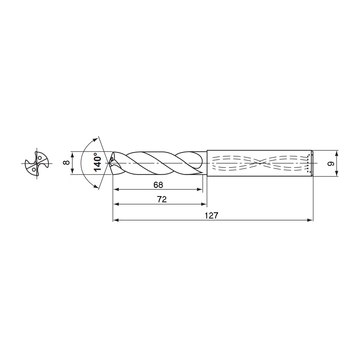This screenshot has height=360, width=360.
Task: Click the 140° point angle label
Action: click(98, 163)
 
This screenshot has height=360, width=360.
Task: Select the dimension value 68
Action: click(158, 185)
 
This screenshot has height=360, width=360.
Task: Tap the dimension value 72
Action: click(162, 199)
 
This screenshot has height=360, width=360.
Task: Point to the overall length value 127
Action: click(211, 216)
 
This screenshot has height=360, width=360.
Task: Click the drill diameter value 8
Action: click(66, 163)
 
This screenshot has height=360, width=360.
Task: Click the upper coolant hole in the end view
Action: click(40, 158)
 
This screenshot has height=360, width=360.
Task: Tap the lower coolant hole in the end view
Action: click(34, 170)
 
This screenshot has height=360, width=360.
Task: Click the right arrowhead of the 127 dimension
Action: click(310, 220)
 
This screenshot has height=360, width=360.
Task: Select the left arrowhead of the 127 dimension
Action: click(116, 220)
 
